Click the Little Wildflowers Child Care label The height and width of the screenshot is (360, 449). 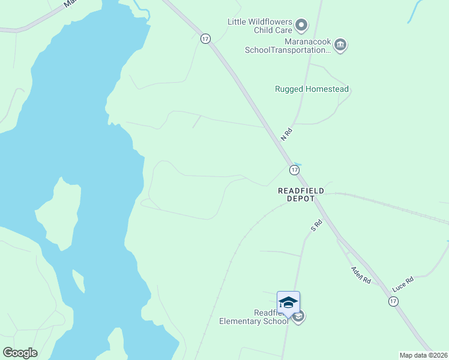tap(259, 26)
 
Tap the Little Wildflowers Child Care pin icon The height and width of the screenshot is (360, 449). tap(302, 25)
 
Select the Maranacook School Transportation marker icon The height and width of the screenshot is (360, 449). tap(340, 45)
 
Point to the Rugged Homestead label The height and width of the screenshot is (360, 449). tap(312, 89)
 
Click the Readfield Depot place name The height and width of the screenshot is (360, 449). tap(301, 194)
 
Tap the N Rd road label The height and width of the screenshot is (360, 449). tap(286, 134)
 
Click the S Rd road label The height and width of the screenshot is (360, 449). tap(316, 226)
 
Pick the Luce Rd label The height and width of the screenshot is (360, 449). tap(403, 283)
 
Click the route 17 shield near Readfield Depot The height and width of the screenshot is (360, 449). tap(294, 170)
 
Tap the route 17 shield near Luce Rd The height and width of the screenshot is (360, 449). tap(393, 302)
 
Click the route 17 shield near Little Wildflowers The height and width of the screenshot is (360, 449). tap(206, 38)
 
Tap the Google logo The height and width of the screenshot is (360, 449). tap(20, 353)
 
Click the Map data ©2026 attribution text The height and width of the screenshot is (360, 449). tap(423, 355)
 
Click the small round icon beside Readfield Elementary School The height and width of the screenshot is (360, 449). tap(299, 316)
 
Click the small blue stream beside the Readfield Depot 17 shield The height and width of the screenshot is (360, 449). tap(298, 164)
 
